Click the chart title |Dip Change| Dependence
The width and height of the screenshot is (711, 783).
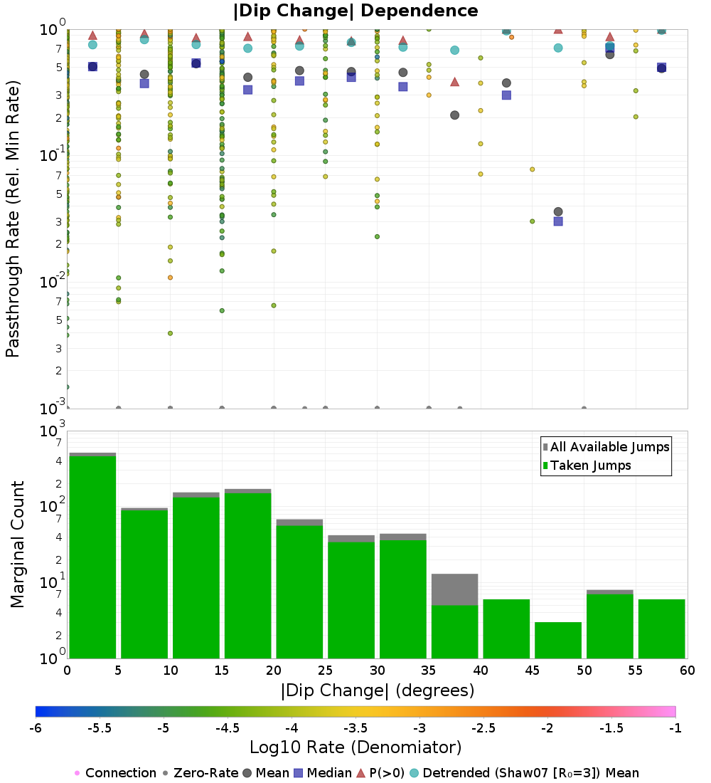click(355, 11)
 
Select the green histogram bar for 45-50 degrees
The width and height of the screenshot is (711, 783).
click(558, 640)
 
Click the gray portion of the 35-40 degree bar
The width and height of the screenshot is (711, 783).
click(455, 589)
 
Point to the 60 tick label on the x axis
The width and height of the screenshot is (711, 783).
click(687, 671)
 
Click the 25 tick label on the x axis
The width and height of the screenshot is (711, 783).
click(325, 671)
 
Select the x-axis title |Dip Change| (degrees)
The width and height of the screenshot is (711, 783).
click(378, 690)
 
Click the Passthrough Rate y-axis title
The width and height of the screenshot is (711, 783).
click(13, 219)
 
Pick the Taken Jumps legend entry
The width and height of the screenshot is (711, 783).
click(587, 466)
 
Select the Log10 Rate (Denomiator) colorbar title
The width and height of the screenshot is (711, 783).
click(355, 747)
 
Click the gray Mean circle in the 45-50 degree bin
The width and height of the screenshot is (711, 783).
click(558, 211)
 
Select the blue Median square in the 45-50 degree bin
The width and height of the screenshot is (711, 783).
click(558, 221)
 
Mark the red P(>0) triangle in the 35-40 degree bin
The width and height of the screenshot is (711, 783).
click(455, 82)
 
